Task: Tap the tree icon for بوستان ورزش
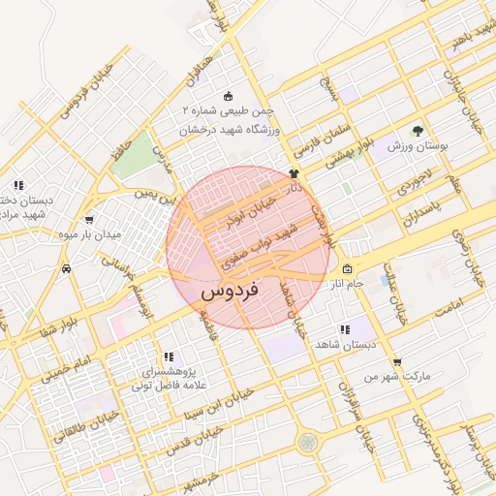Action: (x=418, y=130)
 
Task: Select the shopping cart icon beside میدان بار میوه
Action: (x=90, y=220)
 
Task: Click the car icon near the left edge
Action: (x=66, y=267)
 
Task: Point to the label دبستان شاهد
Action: (x=344, y=344)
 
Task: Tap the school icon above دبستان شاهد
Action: (x=345, y=329)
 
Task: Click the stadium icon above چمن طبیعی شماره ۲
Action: (x=228, y=95)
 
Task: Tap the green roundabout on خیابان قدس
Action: (x=308, y=442)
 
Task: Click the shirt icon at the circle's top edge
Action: (x=294, y=173)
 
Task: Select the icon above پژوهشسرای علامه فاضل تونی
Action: (x=169, y=356)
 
